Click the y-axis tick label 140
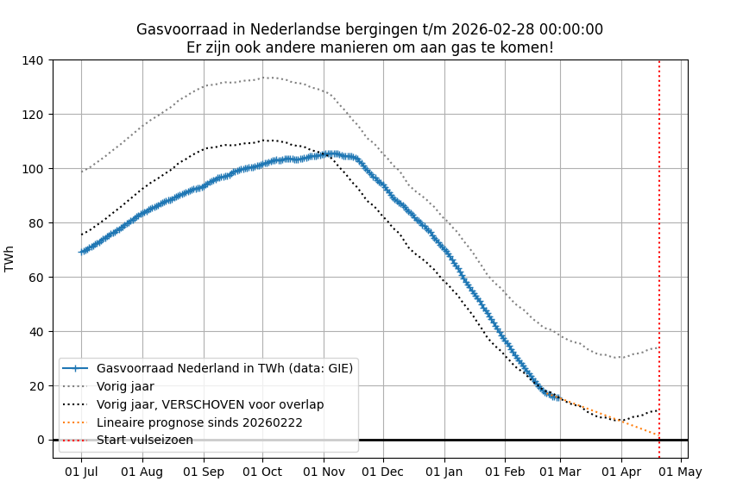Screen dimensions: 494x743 point(36,60)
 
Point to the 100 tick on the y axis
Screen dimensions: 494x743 point(36,169)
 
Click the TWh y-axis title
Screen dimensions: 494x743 point(9,259)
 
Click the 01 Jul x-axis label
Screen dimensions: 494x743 point(82,472)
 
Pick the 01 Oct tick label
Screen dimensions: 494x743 point(262,472)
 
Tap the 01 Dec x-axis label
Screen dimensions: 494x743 point(382,472)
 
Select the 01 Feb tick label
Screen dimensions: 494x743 point(505,472)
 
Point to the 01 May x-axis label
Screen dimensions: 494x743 point(682,472)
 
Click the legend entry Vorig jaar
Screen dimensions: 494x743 point(125,386)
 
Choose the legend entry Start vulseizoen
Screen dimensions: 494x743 point(144,441)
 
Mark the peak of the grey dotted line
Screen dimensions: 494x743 point(268,78)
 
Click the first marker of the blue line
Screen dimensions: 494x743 point(82,252)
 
